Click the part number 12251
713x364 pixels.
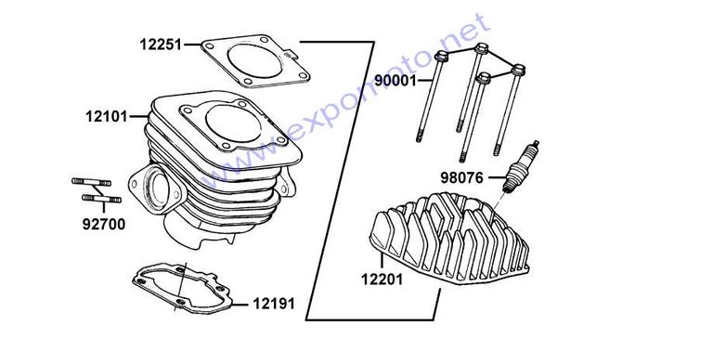click(161, 45)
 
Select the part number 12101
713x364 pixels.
click(107, 116)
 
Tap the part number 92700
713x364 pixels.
click(104, 225)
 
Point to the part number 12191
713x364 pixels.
click(274, 304)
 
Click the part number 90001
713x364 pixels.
click(395, 81)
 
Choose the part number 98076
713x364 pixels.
click(461, 177)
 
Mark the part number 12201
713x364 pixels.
click(382, 279)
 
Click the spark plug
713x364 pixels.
click(520, 167)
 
